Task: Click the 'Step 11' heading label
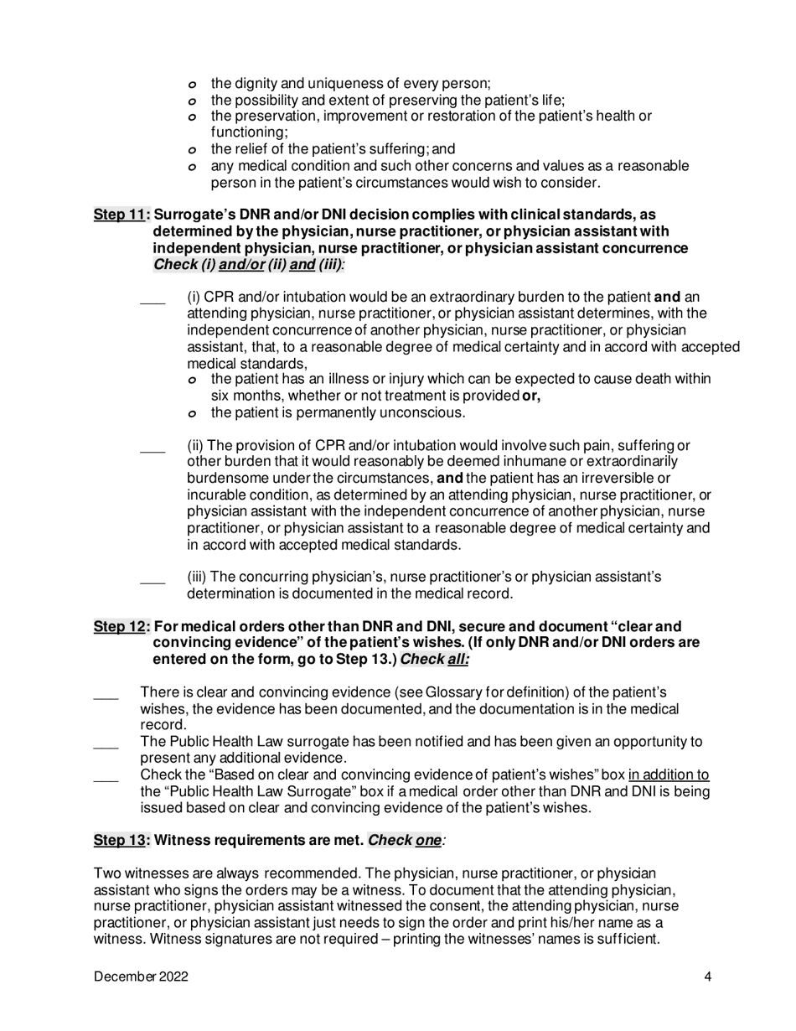pyautogui.click(x=120, y=215)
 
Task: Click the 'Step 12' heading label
pyautogui.click(x=120, y=626)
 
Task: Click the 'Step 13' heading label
pyautogui.click(x=120, y=840)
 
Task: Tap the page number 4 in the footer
pyautogui.click(x=708, y=977)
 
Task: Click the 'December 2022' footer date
pyautogui.click(x=141, y=977)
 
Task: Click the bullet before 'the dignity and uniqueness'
pyautogui.click(x=192, y=85)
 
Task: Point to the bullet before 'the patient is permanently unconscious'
pyautogui.click(x=192, y=413)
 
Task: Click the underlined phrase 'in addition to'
pyautogui.click(x=669, y=775)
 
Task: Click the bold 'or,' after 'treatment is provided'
pyautogui.click(x=531, y=396)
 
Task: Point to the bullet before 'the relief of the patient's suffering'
pyautogui.click(x=192, y=150)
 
